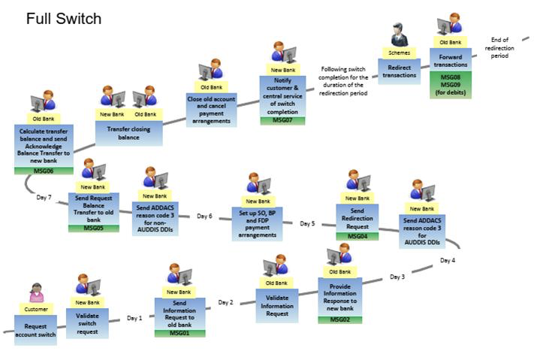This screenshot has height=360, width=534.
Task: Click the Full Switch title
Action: coord(64,18)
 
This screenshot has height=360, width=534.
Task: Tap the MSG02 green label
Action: coord(339,319)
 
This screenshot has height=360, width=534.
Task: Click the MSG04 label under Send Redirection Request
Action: coord(357,236)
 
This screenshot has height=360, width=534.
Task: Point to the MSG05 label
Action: coord(93,228)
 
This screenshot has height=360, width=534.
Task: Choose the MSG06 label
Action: coord(43,171)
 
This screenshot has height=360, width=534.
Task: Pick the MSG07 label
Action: coord(282,121)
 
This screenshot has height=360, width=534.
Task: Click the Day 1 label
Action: coord(134,318)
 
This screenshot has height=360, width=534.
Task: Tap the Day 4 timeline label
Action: coord(448,260)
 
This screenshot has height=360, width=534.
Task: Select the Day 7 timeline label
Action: coord(44,198)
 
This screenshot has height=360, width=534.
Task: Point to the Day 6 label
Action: coord(205,216)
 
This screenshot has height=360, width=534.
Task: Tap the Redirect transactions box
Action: coord(399,71)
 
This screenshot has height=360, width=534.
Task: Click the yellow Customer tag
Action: coord(35,308)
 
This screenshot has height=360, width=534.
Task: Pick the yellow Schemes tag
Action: coord(399,53)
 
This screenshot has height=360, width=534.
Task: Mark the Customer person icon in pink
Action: coord(36,293)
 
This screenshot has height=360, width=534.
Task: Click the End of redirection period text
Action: coord(499,47)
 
